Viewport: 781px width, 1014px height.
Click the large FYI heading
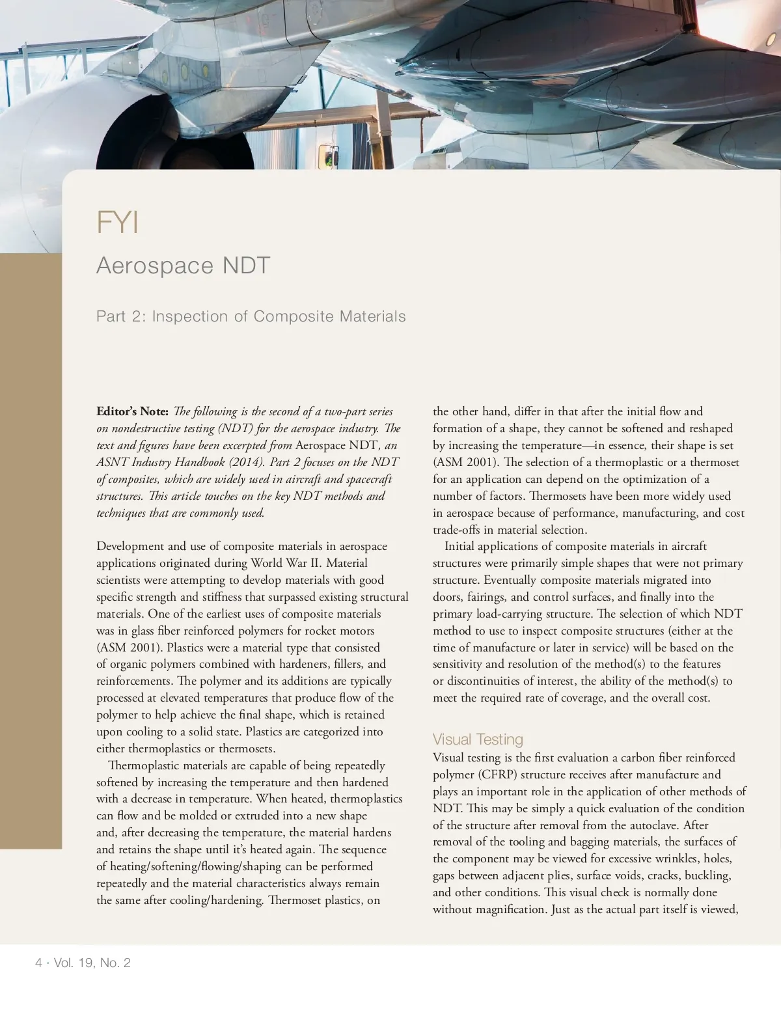118,223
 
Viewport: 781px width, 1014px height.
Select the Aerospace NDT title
183,266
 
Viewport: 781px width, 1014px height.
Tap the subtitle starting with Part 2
251,316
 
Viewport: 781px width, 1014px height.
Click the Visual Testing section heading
478,739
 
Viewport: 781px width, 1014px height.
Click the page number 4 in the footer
39,963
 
